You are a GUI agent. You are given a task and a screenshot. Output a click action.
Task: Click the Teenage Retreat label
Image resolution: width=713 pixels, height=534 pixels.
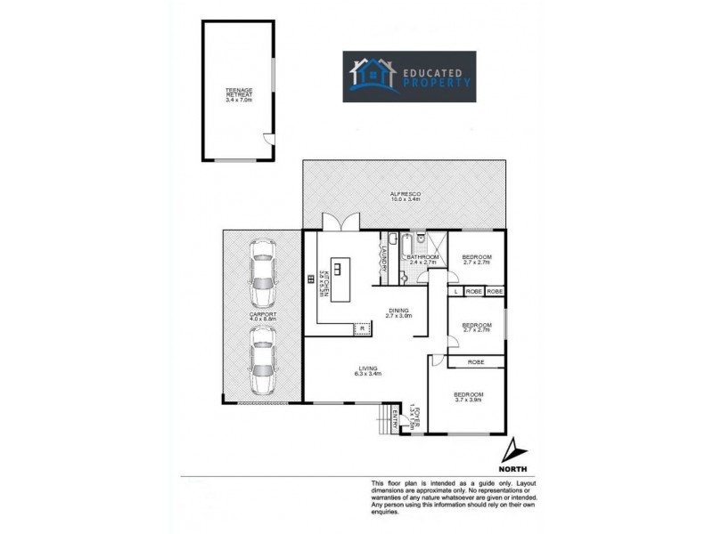[x=239, y=93]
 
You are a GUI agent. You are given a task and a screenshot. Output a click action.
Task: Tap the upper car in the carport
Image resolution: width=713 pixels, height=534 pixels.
[x=261, y=275]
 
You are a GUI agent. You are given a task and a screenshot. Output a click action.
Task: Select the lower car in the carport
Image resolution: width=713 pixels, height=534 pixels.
[x=261, y=360]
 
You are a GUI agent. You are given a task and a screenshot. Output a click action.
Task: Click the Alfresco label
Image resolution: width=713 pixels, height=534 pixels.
[x=405, y=196]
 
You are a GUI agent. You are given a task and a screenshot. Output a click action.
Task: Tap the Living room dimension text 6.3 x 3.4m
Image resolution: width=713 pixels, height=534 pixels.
[x=367, y=374]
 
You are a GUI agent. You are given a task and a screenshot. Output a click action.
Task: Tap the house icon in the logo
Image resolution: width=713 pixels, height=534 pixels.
[x=373, y=76]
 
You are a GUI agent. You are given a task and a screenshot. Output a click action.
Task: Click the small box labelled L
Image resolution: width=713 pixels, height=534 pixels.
[x=455, y=291]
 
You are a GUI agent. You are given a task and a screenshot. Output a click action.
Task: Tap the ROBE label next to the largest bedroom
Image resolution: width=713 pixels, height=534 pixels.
[x=475, y=362]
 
